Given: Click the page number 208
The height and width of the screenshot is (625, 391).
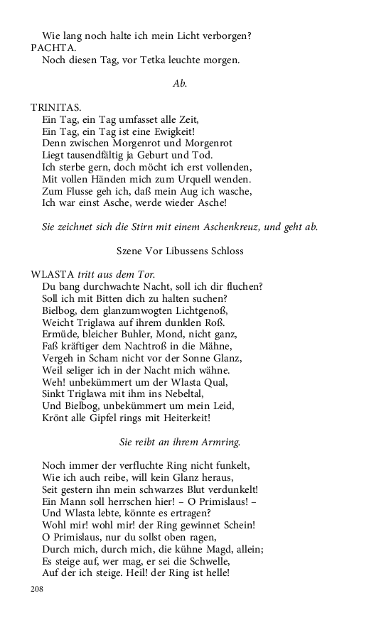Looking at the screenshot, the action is (37, 589).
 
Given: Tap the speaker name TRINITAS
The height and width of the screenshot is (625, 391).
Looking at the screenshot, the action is (55, 107).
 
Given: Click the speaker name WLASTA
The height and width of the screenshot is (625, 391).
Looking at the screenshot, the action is (52, 274).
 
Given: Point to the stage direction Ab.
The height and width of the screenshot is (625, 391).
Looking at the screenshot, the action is (179, 84).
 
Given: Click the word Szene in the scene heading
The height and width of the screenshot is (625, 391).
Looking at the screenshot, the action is (129, 250).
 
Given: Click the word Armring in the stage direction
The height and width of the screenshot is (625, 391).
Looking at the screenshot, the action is (220, 442).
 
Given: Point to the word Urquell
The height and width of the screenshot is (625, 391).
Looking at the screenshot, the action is (204, 179).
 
